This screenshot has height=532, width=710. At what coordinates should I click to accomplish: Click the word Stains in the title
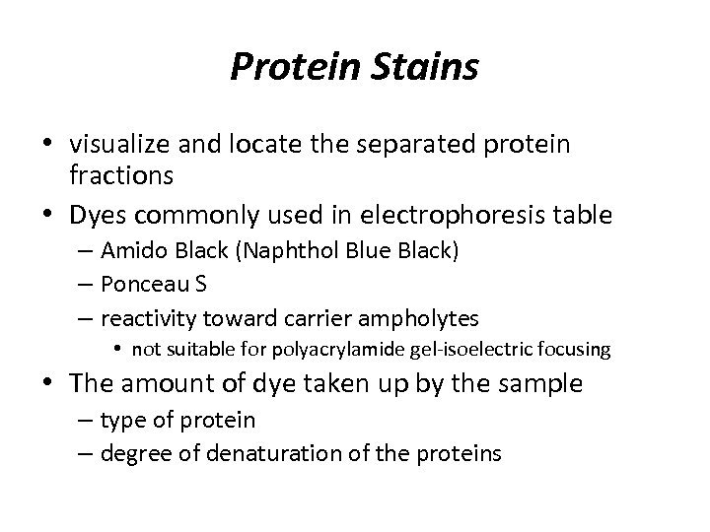(x=425, y=68)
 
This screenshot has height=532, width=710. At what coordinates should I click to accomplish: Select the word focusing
(x=578, y=349)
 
